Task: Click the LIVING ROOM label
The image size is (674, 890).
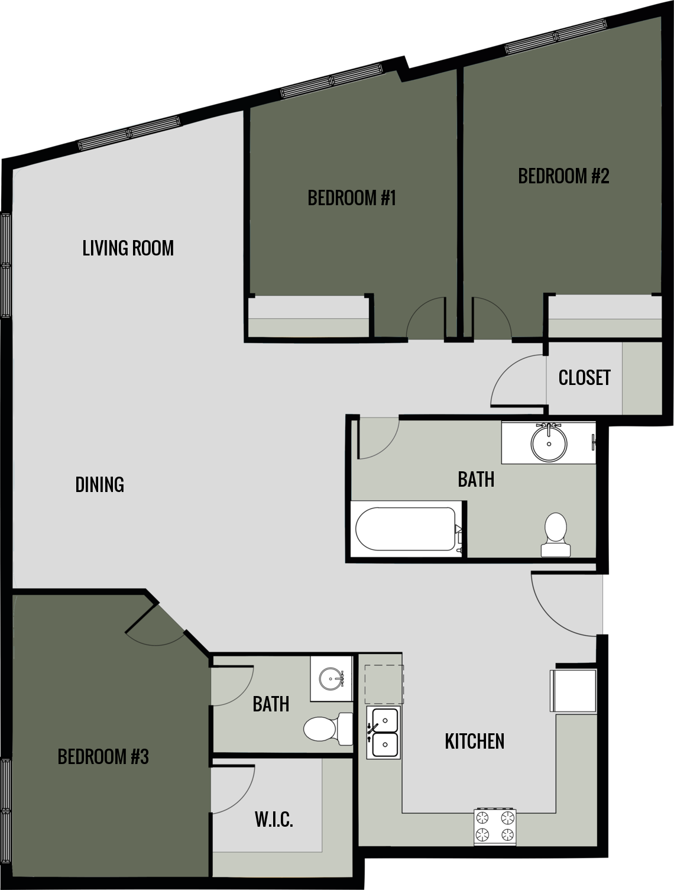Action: point(128,248)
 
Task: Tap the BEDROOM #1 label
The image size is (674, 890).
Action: point(351,198)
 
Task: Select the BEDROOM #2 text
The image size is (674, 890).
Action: point(563,176)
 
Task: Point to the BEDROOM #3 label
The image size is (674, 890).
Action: point(103,756)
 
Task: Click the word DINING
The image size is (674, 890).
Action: point(100,484)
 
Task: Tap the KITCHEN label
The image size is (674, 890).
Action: point(474,741)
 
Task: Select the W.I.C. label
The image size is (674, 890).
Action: point(274,820)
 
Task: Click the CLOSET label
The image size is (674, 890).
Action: point(584,377)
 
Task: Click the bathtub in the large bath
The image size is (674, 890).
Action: point(407,529)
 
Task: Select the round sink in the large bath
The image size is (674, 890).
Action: point(549,442)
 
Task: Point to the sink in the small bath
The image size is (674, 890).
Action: point(330,678)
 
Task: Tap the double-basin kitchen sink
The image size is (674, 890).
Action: point(383,732)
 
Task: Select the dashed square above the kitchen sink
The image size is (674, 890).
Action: point(384,682)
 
